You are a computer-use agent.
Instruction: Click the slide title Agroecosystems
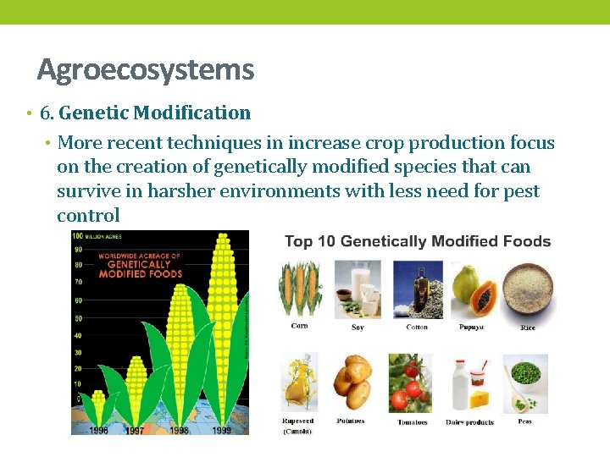click(145, 69)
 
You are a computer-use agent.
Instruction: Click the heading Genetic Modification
click(155, 113)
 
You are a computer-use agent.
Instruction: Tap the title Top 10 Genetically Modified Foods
click(418, 242)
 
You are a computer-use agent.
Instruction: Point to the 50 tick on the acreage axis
click(77, 318)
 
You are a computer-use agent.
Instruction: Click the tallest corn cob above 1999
click(223, 322)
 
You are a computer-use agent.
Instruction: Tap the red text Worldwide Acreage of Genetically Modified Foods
click(140, 264)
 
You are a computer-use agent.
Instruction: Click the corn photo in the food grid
click(299, 289)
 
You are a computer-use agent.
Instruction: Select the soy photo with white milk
click(357, 289)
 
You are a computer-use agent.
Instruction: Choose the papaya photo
click(472, 289)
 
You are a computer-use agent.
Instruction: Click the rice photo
click(526, 289)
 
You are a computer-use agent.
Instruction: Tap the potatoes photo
click(351, 383)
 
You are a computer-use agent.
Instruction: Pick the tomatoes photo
click(411, 383)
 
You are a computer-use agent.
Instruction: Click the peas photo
click(525, 383)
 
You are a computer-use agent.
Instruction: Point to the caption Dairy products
click(469, 421)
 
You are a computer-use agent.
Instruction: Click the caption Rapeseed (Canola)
click(298, 426)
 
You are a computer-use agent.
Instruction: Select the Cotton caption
click(417, 327)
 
